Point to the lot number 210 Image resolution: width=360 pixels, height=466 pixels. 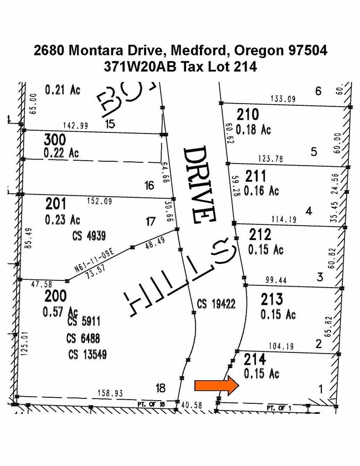pyautogui.click(x=247, y=115)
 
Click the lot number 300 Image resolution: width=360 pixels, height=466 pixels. pyautogui.click(x=55, y=139)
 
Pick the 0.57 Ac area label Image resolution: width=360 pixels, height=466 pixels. pyautogui.click(x=60, y=311)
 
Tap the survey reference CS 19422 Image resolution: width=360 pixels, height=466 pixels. pyautogui.click(x=216, y=304)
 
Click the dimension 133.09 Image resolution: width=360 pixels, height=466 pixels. pyautogui.click(x=283, y=99)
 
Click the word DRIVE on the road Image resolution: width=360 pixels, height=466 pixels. pyautogui.click(x=200, y=184)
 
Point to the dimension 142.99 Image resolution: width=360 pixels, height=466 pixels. pyautogui.click(x=75, y=126)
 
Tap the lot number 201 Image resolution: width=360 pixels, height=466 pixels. pyautogui.click(x=55, y=204)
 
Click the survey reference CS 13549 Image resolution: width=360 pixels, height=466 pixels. pyautogui.click(x=88, y=354)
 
